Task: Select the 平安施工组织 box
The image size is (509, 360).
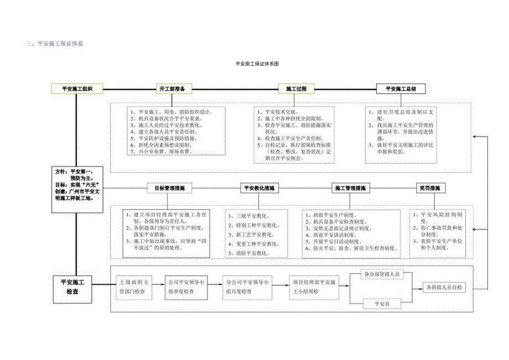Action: coord(77,88)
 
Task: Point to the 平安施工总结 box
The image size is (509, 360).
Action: coord(400,88)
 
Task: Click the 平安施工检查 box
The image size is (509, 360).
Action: coord(72,287)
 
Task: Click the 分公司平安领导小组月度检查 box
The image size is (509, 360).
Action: coord(247,287)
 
